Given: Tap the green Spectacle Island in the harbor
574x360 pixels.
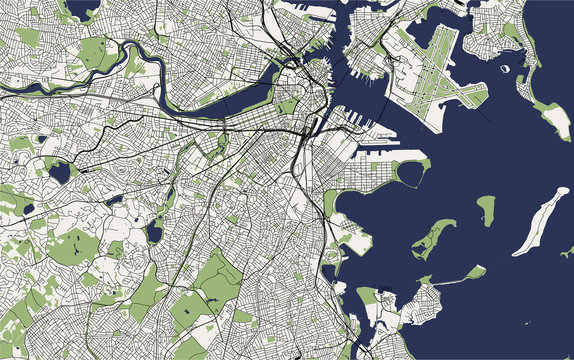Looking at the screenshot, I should [486, 209].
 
